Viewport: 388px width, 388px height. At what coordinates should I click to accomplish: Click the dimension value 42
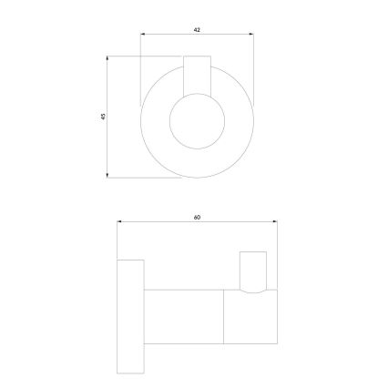(x=197, y=30)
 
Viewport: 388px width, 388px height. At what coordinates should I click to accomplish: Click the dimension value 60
(x=197, y=216)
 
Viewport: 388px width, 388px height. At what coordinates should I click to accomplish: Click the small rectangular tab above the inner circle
(x=197, y=73)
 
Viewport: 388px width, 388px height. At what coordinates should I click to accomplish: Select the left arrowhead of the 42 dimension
(x=142, y=36)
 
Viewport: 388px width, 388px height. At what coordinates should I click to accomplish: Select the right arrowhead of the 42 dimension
(x=252, y=36)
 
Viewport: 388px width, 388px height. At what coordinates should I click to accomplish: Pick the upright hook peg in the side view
(x=253, y=270)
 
